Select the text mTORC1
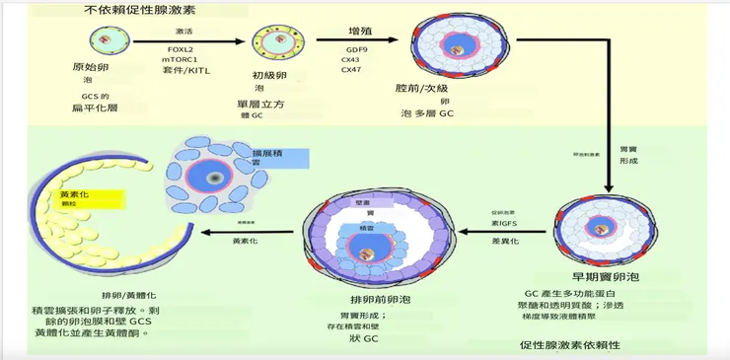pos(181,59)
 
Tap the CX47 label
pos(351,70)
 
